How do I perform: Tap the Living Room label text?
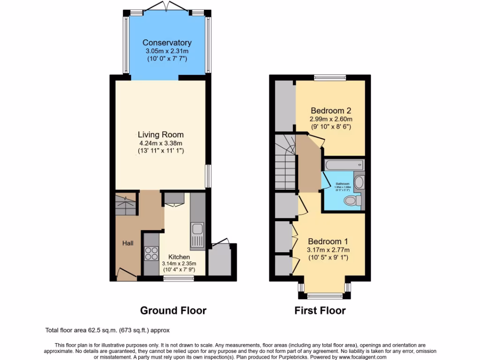pyautogui.click(x=160, y=135)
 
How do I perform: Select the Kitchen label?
pyautogui.click(x=179, y=257)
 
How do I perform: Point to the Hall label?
pyautogui.click(x=128, y=243)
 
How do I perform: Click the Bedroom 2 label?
pyautogui.click(x=331, y=111)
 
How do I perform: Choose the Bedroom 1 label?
pyautogui.click(x=328, y=242)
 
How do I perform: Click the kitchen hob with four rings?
pyautogui.click(x=151, y=254)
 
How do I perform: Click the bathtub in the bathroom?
pyautogui.click(x=343, y=165)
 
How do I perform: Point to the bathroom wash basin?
pyautogui.click(x=359, y=182)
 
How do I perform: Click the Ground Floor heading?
pyautogui.click(x=173, y=310)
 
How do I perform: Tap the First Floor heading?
pyautogui.click(x=320, y=310)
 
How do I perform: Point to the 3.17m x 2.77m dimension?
pyautogui.click(x=328, y=250)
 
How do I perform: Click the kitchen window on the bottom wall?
pyautogui.click(x=178, y=278)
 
